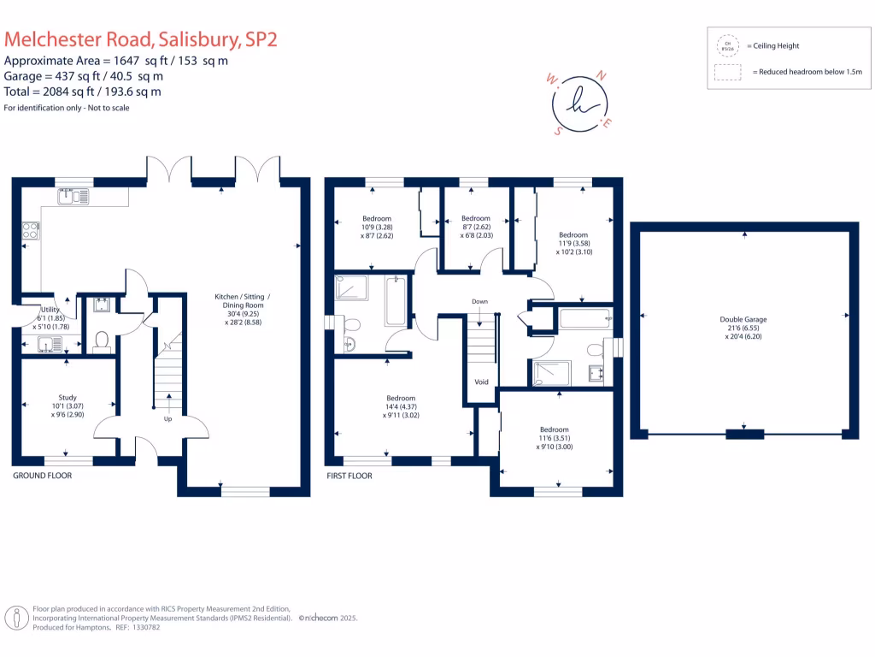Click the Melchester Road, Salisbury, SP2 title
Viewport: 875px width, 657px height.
coord(141,39)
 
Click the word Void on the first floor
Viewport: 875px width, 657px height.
coord(481,382)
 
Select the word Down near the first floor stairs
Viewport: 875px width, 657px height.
coord(479,302)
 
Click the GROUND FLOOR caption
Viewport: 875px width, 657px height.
coord(42,476)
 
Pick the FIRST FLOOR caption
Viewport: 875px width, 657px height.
coord(349,476)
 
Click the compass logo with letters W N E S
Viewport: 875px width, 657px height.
coord(582,102)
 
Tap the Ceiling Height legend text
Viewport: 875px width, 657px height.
coord(773,45)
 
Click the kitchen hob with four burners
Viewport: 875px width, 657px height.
coord(30,230)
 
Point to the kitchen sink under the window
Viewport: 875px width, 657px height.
coord(73,196)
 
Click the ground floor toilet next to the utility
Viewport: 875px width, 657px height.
coord(101,341)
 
